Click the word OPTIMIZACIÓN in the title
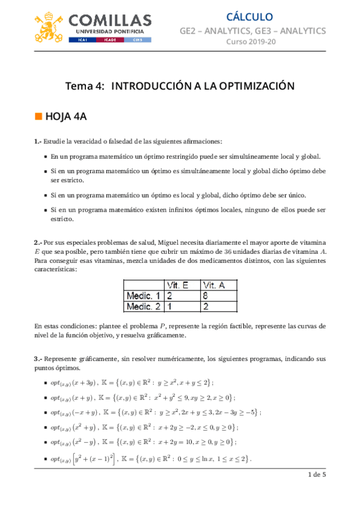(x=250, y=86)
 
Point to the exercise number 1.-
(x=37, y=142)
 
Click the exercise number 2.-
(x=37, y=242)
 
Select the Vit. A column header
(x=215, y=284)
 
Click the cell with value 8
(x=206, y=296)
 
